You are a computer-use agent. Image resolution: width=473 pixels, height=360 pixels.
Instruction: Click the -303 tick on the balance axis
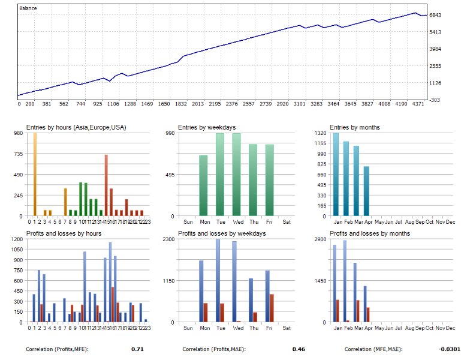coord(436,100)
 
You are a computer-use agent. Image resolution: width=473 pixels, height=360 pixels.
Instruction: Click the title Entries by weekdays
coord(207,127)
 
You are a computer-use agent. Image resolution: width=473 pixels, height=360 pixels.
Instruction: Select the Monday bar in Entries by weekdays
coord(203,185)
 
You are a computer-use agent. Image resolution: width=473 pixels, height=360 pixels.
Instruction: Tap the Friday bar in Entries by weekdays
coord(269,180)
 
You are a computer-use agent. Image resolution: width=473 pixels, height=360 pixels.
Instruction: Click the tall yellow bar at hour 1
coord(35,175)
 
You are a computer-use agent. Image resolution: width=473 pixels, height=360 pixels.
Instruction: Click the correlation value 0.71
coord(137,349)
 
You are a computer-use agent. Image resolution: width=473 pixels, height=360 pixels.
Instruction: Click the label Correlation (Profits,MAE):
coord(213,349)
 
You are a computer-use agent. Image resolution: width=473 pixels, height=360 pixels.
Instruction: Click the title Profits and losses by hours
coord(64,233)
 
